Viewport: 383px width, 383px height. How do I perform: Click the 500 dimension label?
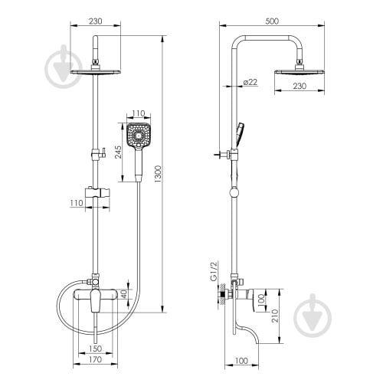(x=272, y=21)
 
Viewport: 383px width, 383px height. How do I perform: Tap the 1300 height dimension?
(x=159, y=174)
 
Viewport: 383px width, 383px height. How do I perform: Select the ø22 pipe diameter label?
(x=250, y=82)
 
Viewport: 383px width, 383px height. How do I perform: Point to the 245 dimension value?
(x=118, y=152)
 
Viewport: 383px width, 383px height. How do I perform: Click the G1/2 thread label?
(x=214, y=271)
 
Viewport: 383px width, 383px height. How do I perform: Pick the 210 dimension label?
(x=275, y=316)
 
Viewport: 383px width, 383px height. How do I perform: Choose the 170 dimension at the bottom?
(x=96, y=359)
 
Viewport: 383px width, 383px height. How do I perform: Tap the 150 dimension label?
(x=96, y=349)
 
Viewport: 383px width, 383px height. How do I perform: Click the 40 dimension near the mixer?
(x=124, y=294)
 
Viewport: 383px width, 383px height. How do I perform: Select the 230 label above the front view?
(x=96, y=21)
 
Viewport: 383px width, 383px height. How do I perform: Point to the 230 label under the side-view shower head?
(x=300, y=86)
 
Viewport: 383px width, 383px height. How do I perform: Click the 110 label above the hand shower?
(x=139, y=113)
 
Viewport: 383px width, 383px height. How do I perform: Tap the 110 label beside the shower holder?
(x=77, y=203)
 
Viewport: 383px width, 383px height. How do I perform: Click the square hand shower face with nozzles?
(x=139, y=135)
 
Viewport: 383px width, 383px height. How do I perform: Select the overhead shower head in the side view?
(x=300, y=71)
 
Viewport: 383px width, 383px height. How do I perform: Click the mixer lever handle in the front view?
(x=95, y=301)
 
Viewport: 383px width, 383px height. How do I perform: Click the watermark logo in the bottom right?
(x=313, y=316)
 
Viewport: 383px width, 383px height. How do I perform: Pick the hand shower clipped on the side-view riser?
(x=240, y=135)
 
